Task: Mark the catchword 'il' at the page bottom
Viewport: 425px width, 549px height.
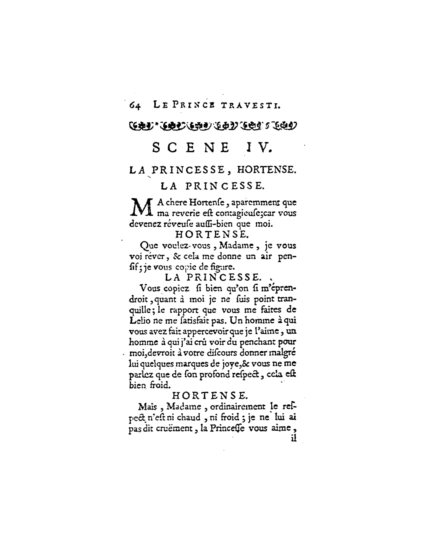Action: (x=293, y=438)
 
